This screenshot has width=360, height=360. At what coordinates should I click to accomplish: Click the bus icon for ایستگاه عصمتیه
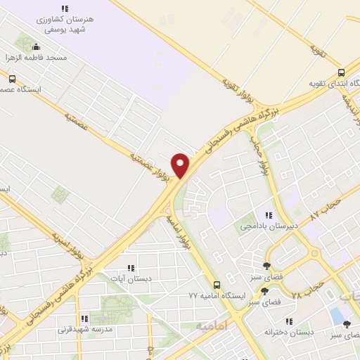(x=12, y=79)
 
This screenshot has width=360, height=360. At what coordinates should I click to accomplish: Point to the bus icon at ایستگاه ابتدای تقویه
(x=341, y=72)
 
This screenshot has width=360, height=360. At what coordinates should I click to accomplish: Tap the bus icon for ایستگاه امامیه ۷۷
(x=217, y=285)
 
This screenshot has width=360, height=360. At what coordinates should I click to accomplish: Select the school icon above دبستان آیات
(x=131, y=268)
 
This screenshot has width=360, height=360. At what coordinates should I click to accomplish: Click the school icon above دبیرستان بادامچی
(x=268, y=215)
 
